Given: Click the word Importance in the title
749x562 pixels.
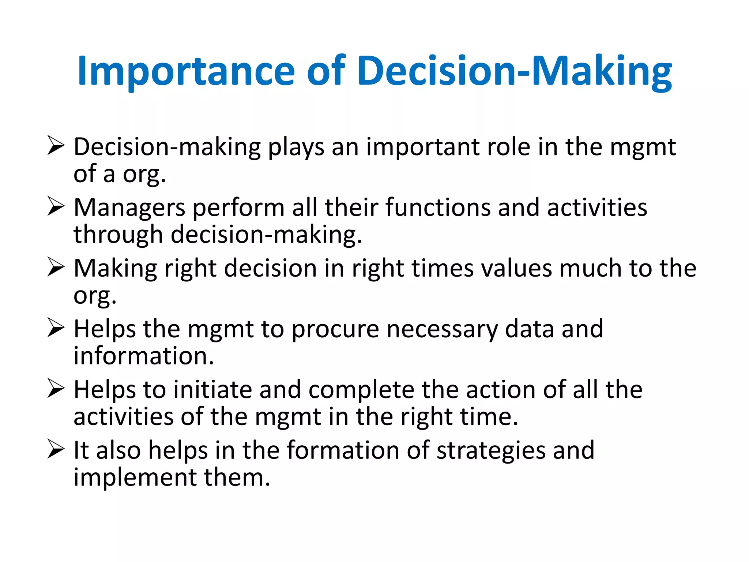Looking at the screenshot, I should (186, 71).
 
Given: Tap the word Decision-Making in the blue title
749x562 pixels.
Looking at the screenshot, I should (514, 71).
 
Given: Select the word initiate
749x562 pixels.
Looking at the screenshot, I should (212, 389).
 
